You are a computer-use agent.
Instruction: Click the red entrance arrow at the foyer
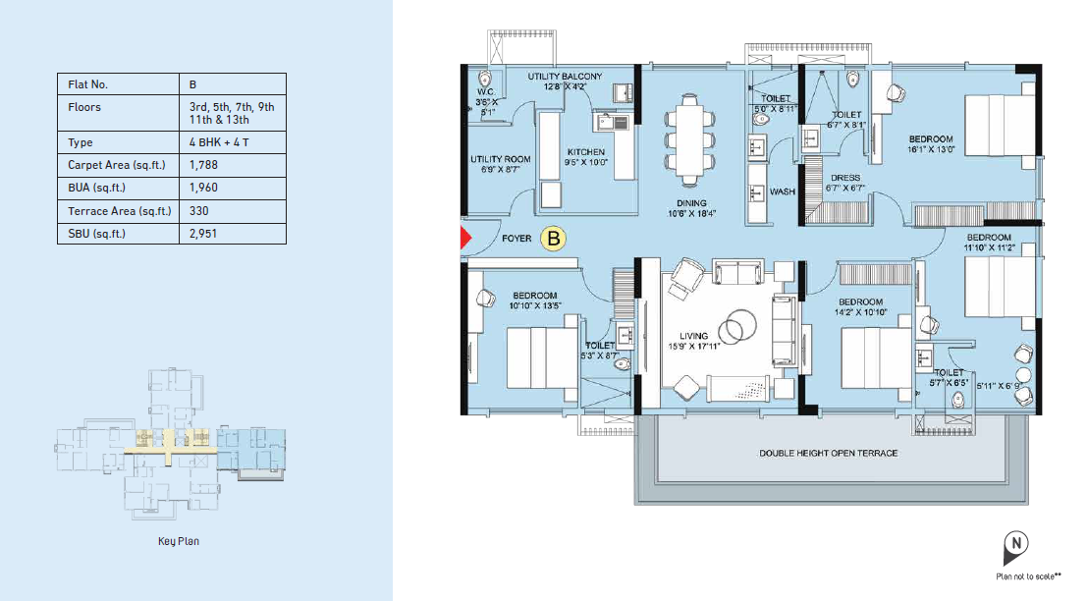tap(465, 238)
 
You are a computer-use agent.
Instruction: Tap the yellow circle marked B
tap(553, 239)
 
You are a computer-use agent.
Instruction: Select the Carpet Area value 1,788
tap(203, 165)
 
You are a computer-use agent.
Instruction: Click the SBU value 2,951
tap(203, 234)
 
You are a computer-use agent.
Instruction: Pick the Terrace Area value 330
tap(199, 211)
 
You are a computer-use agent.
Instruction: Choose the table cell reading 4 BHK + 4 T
tap(219, 142)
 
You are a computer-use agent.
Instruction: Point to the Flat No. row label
tap(88, 84)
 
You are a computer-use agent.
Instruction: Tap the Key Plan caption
tap(178, 541)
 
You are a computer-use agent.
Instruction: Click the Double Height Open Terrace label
tap(829, 454)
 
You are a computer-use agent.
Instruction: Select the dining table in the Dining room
tap(689, 140)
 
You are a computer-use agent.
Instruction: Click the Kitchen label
tap(586, 152)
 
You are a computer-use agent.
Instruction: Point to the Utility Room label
tap(501, 159)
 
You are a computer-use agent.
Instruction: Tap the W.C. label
tap(486, 92)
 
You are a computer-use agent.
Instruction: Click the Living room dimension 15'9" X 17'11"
tap(694, 346)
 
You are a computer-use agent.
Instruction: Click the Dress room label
tap(845, 178)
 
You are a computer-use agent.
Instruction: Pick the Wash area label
tap(782, 191)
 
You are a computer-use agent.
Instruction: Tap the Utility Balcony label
tap(565, 77)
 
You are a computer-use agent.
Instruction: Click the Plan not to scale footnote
tap(1029, 576)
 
